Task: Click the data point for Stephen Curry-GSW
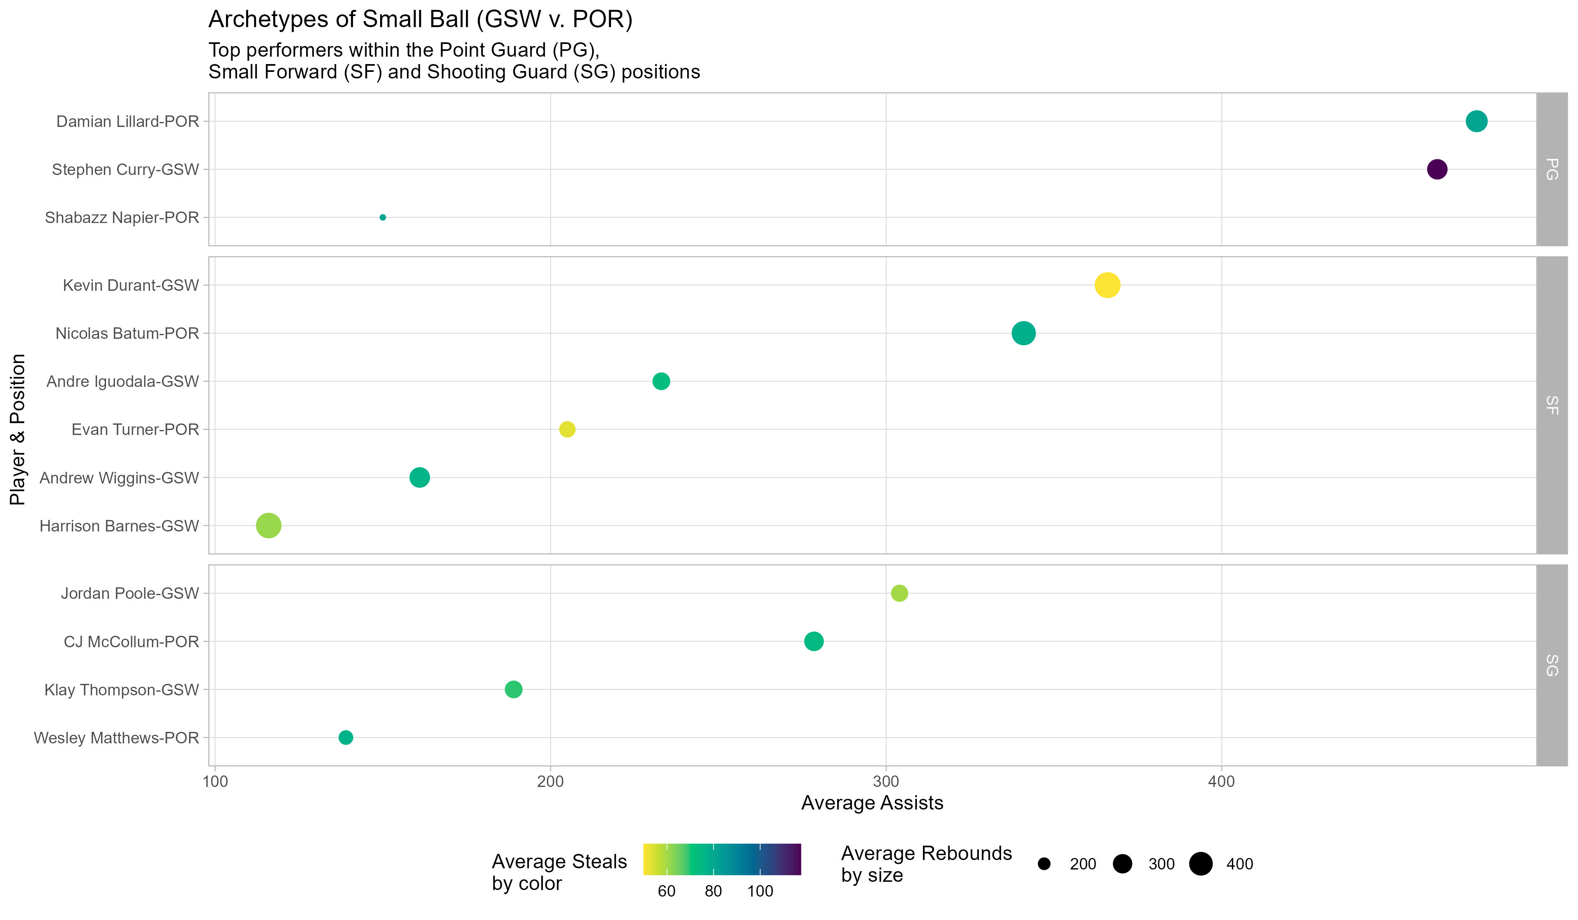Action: click(x=1437, y=169)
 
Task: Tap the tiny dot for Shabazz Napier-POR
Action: click(x=383, y=217)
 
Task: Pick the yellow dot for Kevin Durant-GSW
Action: click(x=1107, y=285)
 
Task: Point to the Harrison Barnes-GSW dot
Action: click(x=269, y=526)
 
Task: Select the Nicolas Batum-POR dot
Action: click(x=1023, y=333)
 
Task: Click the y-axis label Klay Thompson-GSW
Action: click(x=122, y=690)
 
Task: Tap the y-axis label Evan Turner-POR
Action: click(x=135, y=429)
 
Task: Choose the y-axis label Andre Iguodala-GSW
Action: click(x=123, y=381)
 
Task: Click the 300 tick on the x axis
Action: click(x=886, y=782)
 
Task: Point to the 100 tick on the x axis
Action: click(x=215, y=782)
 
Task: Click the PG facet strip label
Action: click(x=1552, y=169)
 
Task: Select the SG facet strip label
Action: click(x=1552, y=665)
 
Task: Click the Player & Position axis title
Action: click(x=18, y=429)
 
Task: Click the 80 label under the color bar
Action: click(x=713, y=891)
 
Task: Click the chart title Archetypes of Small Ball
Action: click(x=420, y=19)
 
